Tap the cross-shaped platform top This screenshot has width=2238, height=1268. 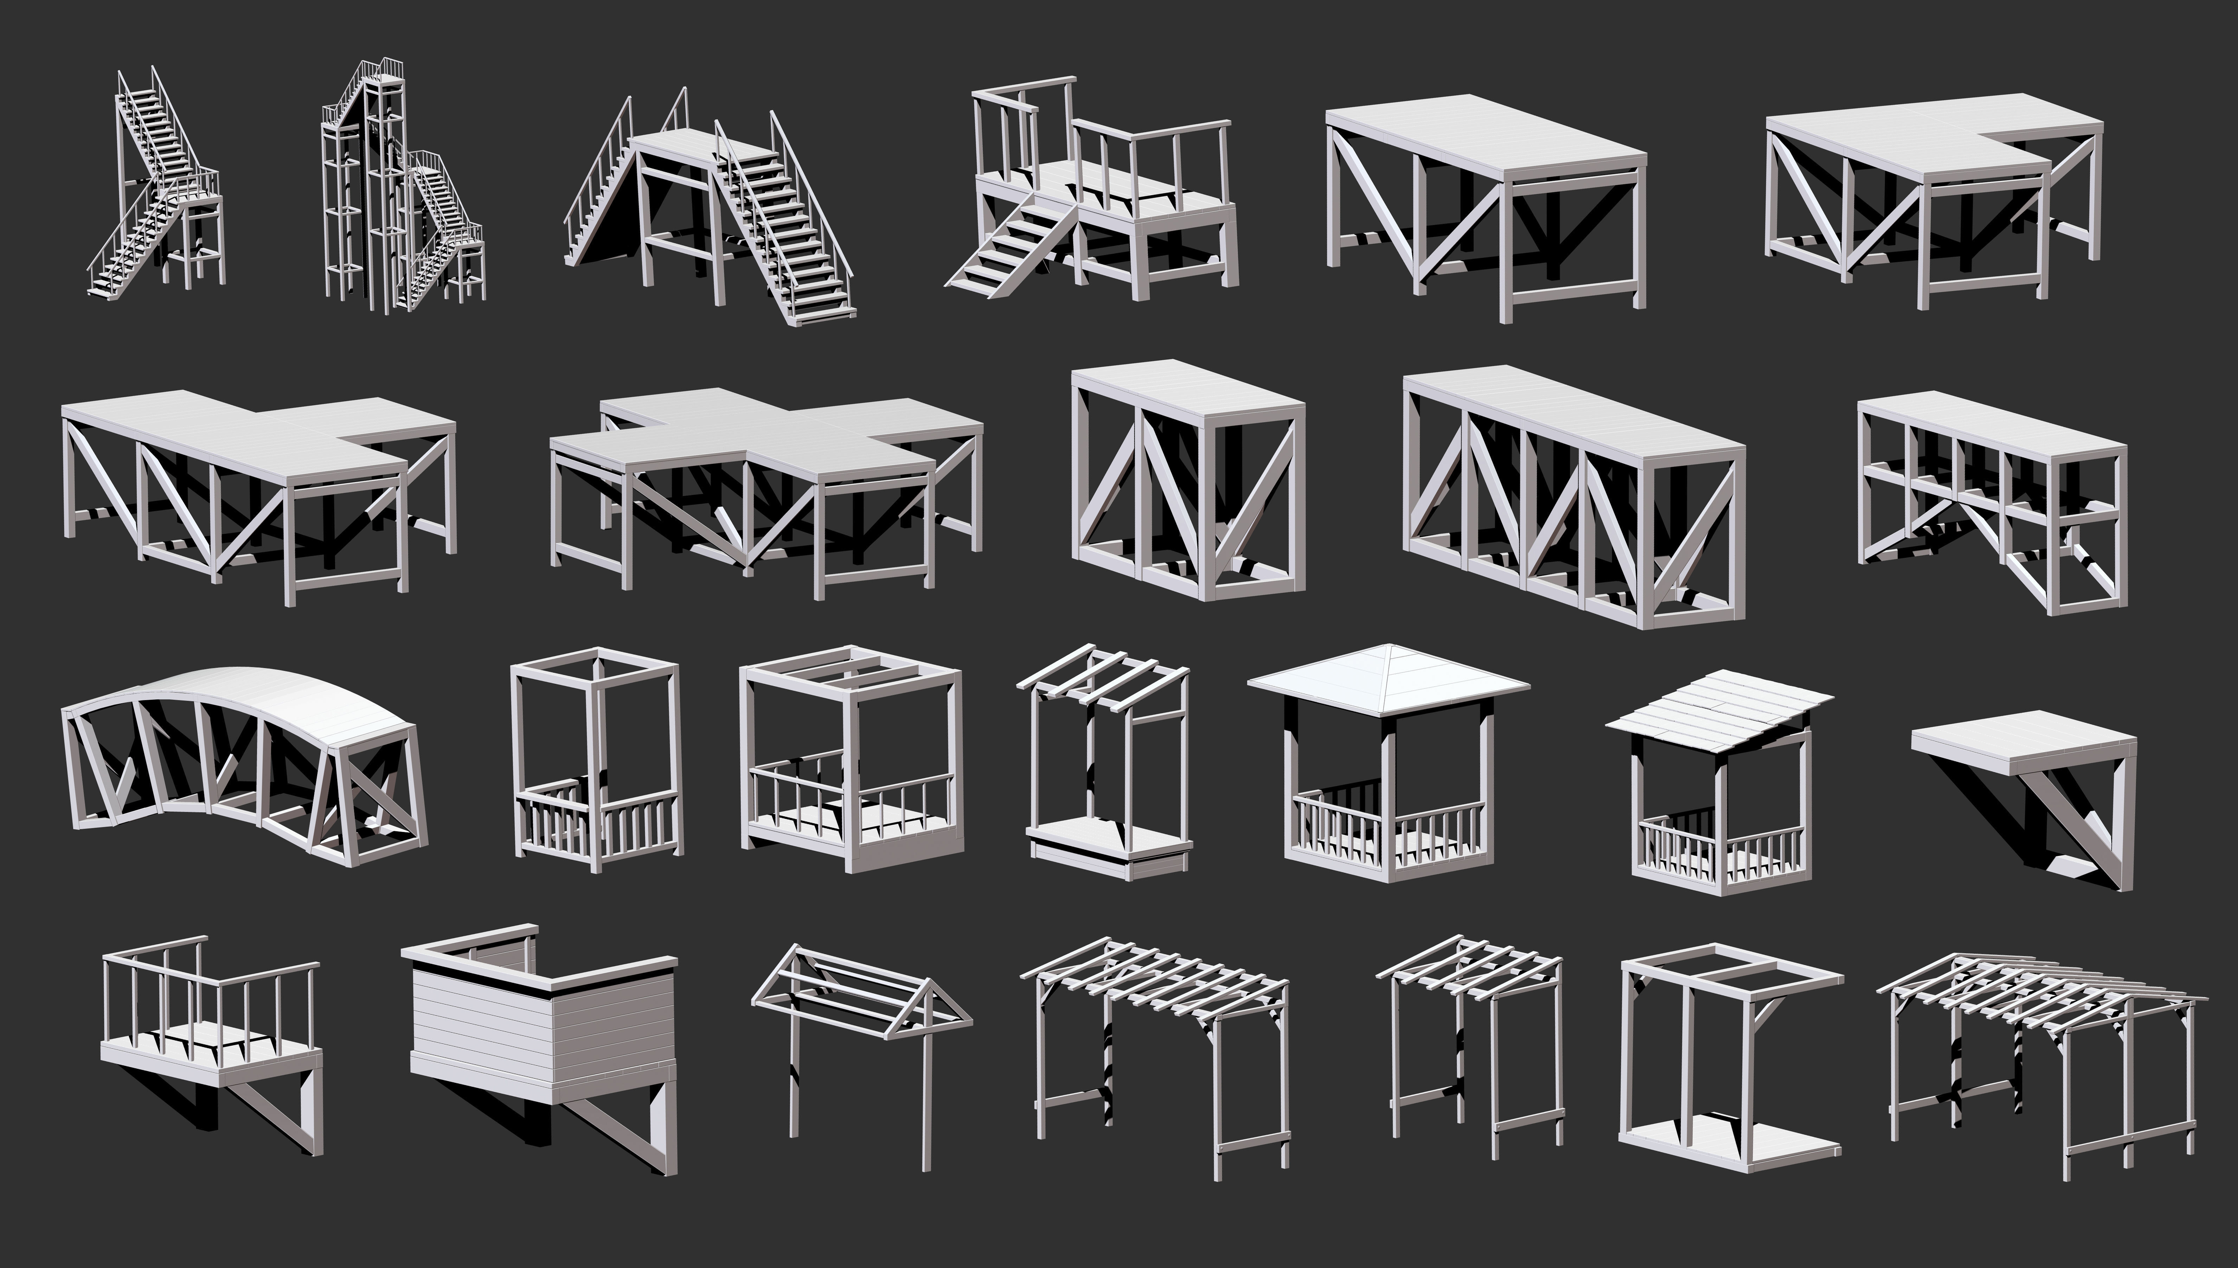click(766, 435)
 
